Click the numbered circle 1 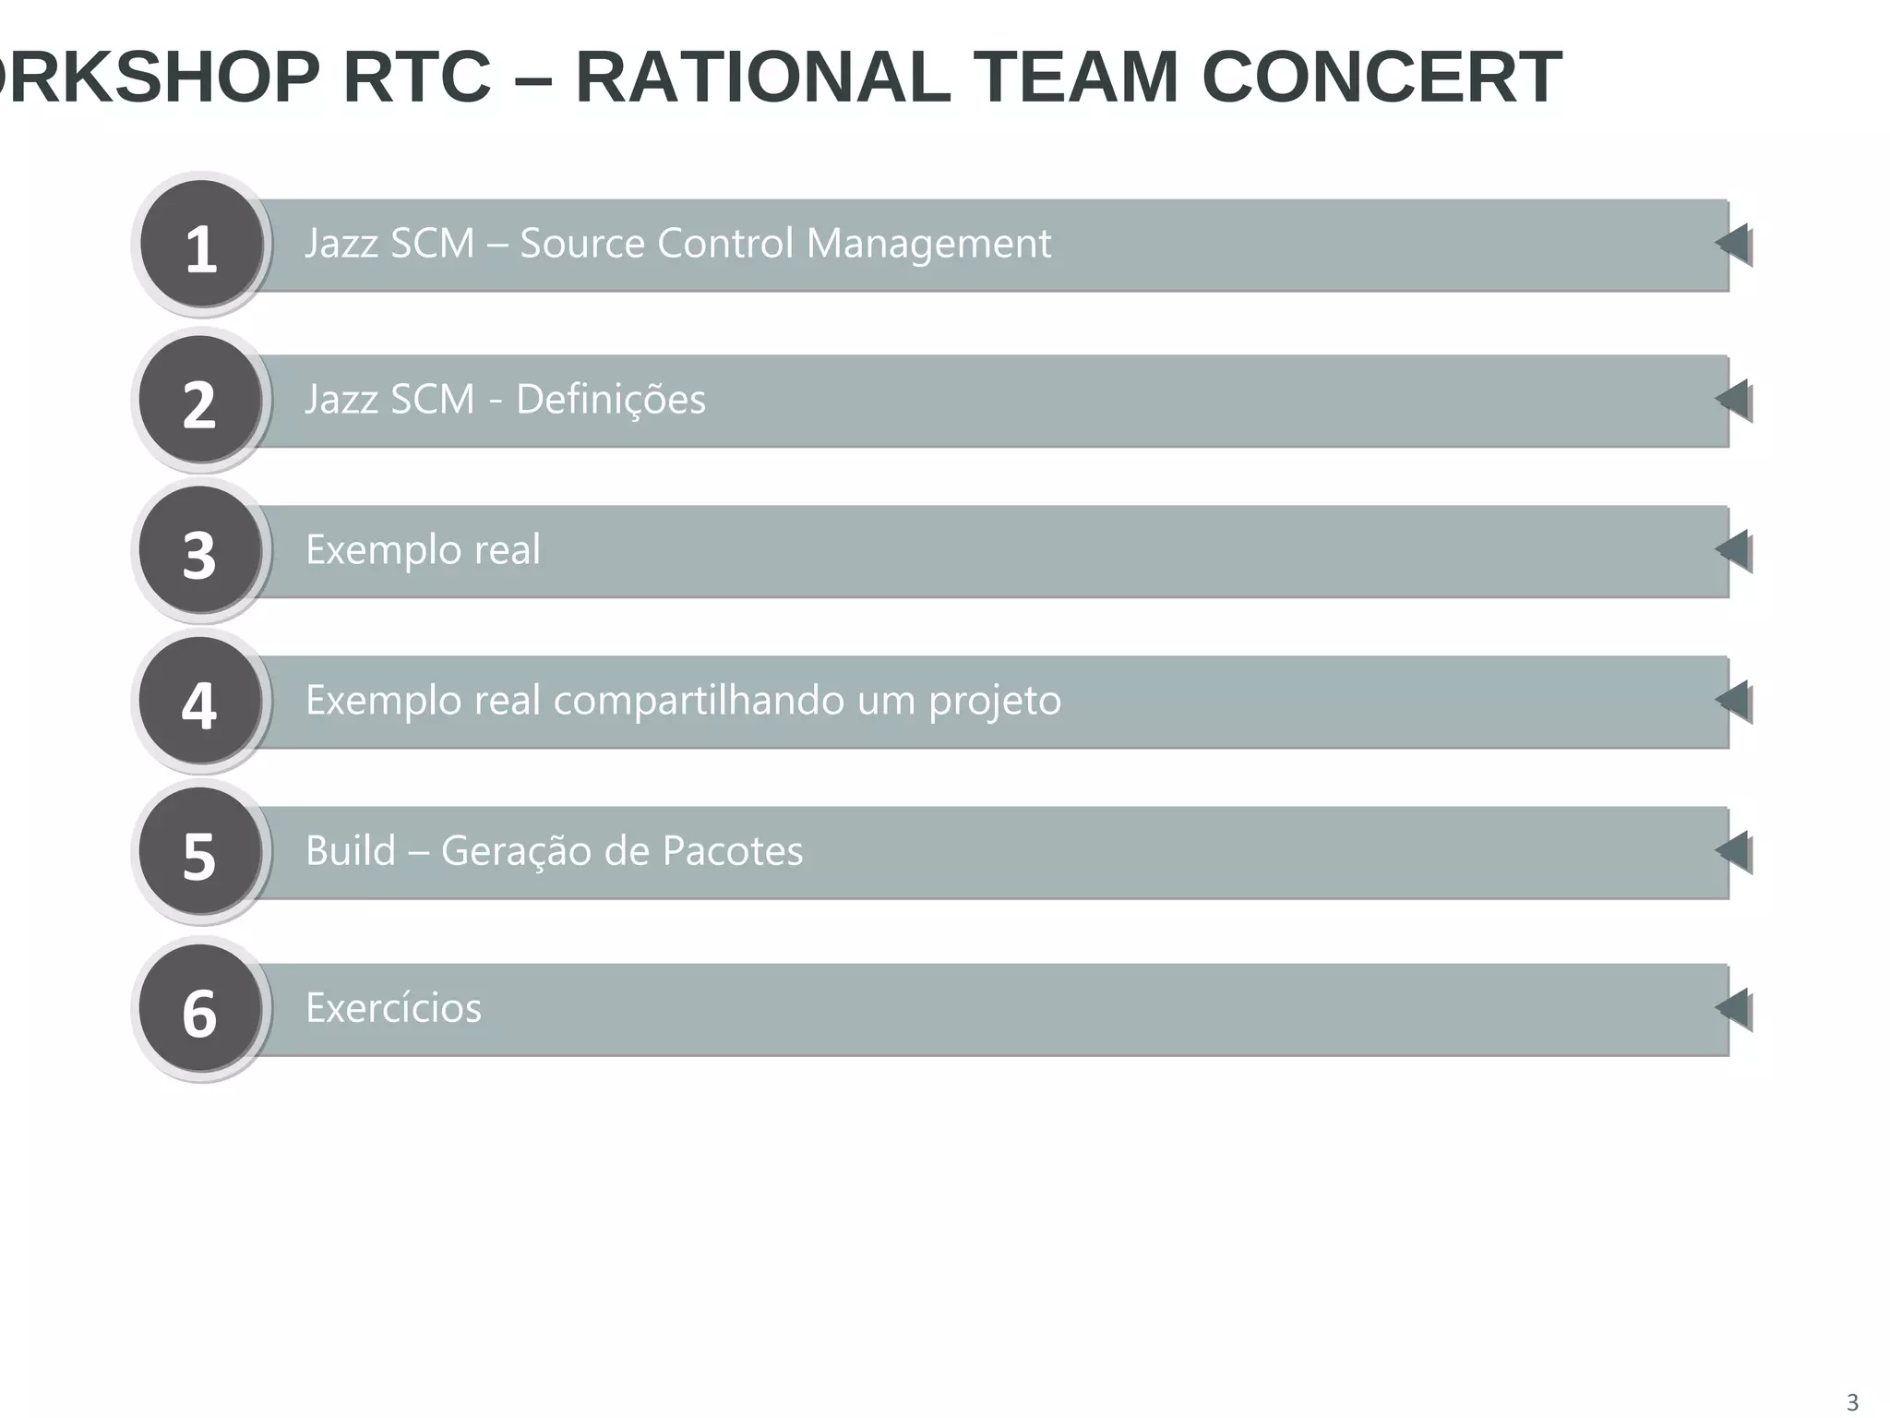(201, 245)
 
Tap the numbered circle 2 (200, 401)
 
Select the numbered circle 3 (200, 551)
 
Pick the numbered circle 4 (200, 702)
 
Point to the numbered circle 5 (200, 853)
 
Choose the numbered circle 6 (200, 1010)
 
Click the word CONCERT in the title (1382, 78)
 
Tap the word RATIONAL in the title (763, 78)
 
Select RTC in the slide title (417, 78)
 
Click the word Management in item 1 (928, 245)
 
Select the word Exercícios (393, 1008)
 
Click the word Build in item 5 (350, 851)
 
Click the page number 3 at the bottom (1851, 1401)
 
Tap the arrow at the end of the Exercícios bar (1734, 1009)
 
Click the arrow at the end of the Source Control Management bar (1734, 245)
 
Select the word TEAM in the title (1076, 78)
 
